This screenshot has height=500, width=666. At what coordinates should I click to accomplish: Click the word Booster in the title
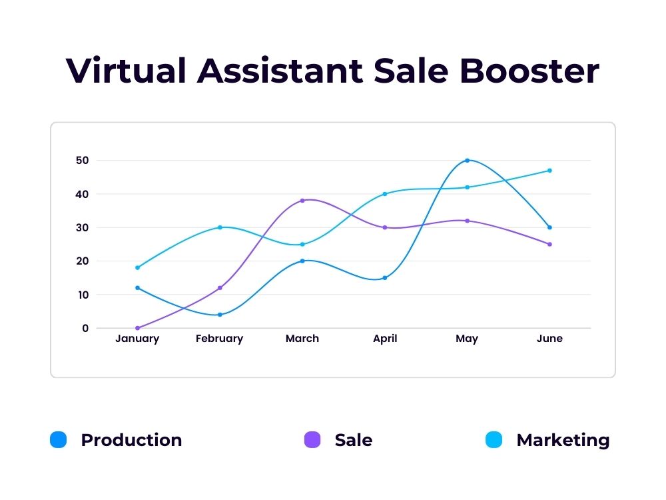[529, 71]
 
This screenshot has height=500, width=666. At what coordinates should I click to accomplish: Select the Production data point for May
[467, 161]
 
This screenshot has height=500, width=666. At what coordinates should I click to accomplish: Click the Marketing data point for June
[549, 171]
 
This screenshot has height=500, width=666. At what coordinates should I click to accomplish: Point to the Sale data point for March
[302, 201]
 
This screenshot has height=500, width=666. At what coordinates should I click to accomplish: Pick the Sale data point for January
[137, 328]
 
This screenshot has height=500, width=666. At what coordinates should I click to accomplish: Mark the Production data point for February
[220, 315]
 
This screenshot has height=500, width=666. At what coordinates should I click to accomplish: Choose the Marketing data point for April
[385, 194]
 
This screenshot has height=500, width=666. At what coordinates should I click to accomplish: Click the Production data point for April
[385, 278]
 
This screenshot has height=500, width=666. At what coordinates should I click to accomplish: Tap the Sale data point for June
[549, 244]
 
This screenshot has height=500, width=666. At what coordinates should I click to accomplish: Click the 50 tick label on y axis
[82, 161]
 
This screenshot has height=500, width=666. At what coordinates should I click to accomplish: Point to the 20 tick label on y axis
[82, 261]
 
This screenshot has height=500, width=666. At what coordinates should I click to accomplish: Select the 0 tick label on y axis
[85, 328]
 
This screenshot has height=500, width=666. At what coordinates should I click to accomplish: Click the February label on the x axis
[219, 339]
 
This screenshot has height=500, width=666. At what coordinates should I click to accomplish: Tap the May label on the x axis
[467, 339]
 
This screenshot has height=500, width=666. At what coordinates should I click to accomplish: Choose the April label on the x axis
[385, 339]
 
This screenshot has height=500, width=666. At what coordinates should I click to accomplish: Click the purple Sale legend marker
[312, 440]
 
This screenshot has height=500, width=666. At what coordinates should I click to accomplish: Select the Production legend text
[131, 440]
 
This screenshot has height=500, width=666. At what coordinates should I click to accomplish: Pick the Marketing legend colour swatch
[494, 440]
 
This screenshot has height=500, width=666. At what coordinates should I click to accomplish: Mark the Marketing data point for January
[137, 268]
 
